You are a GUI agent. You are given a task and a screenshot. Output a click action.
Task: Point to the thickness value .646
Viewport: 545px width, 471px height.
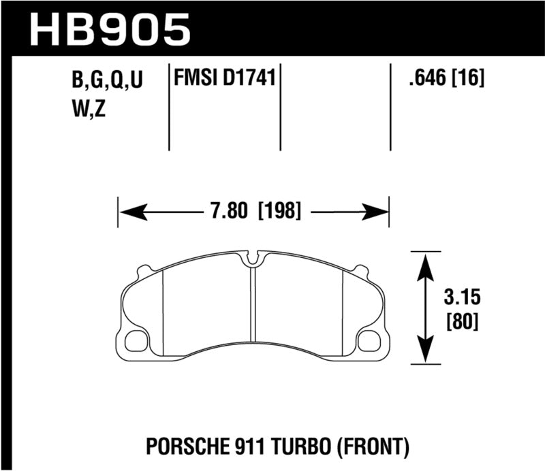(422, 80)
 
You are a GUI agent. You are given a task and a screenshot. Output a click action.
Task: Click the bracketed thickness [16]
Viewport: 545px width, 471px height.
(469, 80)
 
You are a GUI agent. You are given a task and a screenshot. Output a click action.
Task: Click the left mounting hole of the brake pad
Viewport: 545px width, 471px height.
(140, 338)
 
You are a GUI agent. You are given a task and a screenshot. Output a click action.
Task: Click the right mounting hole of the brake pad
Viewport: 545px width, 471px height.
(368, 338)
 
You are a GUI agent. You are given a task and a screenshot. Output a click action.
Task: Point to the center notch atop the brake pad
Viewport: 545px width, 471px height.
(253, 259)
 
